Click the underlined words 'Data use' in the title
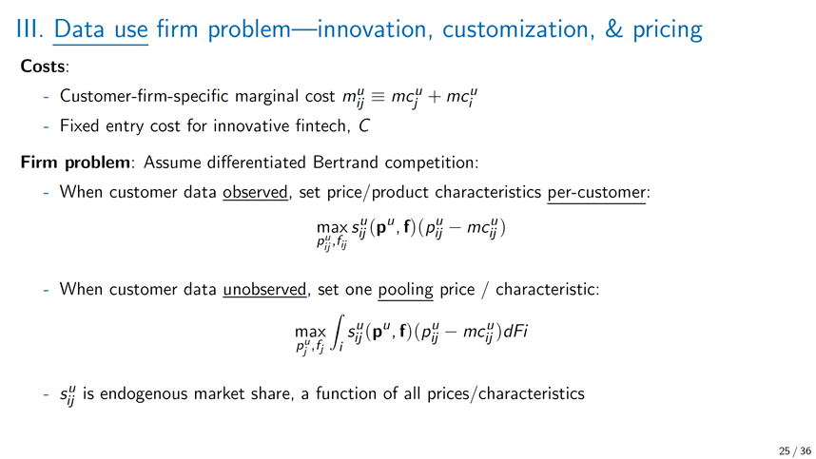tap(101, 29)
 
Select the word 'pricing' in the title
tap(668, 30)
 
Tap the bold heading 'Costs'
tap(43, 67)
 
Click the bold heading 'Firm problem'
tap(75, 163)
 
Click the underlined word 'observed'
tap(255, 192)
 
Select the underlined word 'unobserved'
tap(264, 289)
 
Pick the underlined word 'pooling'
tap(405, 290)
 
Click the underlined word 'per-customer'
tap(596, 193)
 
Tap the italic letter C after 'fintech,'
tap(363, 125)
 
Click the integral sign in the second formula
tap(339, 333)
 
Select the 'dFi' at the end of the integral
tap(515, 331)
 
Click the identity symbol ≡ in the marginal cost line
tap(378, 97)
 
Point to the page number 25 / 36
tap(795, 450)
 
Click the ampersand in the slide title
tap(613, 29)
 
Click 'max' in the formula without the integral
tap(332, 228)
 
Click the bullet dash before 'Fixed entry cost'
tap(47, 126)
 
